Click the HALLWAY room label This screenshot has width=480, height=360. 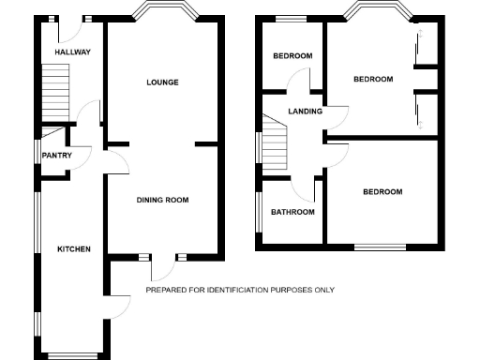pos(72,52)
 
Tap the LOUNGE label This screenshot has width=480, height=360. pos(162,82)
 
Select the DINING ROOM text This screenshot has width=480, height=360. pos(163,200)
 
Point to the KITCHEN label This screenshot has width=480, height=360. pos(74,249)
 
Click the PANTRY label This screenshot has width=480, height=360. pos(56,156)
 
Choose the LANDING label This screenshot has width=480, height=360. pos(306,112)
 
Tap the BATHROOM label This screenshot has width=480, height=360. pos(292,212)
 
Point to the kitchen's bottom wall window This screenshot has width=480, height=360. pos(73,355)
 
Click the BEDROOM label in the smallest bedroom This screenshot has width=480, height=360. pos(292,56)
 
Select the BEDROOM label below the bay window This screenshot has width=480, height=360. pos(372,80)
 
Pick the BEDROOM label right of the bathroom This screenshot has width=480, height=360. pos(382,192)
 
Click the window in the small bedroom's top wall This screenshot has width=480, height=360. pos(292,19)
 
